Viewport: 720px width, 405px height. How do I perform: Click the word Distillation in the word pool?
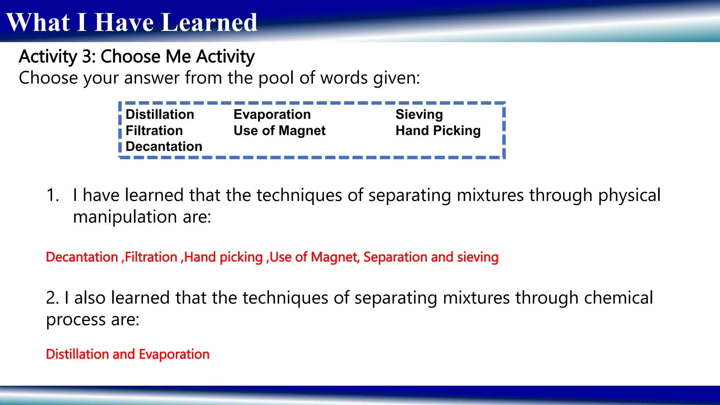point(160,115)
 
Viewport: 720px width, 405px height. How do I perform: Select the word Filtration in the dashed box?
point(154,131)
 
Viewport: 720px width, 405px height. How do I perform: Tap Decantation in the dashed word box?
point(164,147)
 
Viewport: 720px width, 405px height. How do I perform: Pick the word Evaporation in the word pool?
point(272,115)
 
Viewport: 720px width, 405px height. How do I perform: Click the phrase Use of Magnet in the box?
point(279,131)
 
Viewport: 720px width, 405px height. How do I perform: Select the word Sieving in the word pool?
point(419,115)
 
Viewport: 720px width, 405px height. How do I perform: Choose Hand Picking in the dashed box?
point(438,131)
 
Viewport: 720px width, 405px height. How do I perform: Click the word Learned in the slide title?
point(210,22)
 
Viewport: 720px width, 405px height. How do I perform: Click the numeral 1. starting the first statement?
point(53,195)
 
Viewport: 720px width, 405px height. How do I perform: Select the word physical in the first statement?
point(629,195)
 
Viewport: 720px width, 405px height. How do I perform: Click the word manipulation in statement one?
point(125,217)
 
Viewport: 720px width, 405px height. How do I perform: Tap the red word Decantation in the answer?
point(82,257)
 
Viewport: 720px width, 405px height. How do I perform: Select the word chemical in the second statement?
point(618,298)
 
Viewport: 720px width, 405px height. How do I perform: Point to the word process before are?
point(75,320)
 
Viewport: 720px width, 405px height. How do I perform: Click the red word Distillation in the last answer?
point(77,354)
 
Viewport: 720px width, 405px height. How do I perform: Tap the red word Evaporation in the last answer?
point(174,354)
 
